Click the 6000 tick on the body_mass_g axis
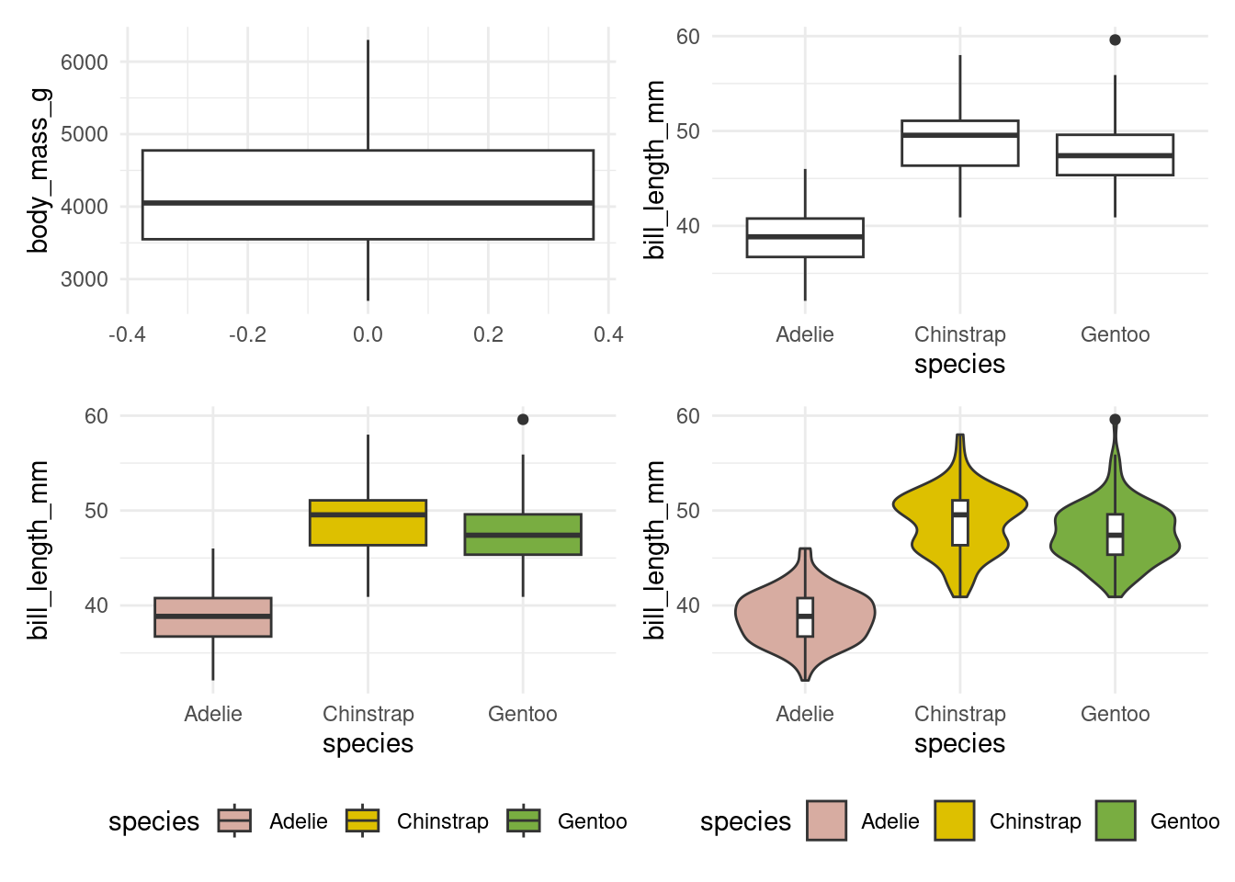[85, 62]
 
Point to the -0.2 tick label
[247, 335]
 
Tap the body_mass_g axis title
[39, 170]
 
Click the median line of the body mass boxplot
[368, 203]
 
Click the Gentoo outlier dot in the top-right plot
[1115, 40]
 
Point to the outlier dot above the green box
[523, 419]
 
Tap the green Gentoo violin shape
[1153, 533]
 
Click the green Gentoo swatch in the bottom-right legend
[1116, 820]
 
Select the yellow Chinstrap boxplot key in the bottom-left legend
[362, 820]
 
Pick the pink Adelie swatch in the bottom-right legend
[826, 820]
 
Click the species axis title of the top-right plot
[959, 365]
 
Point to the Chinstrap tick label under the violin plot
[959, 714]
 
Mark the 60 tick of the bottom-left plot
[96, 416]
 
